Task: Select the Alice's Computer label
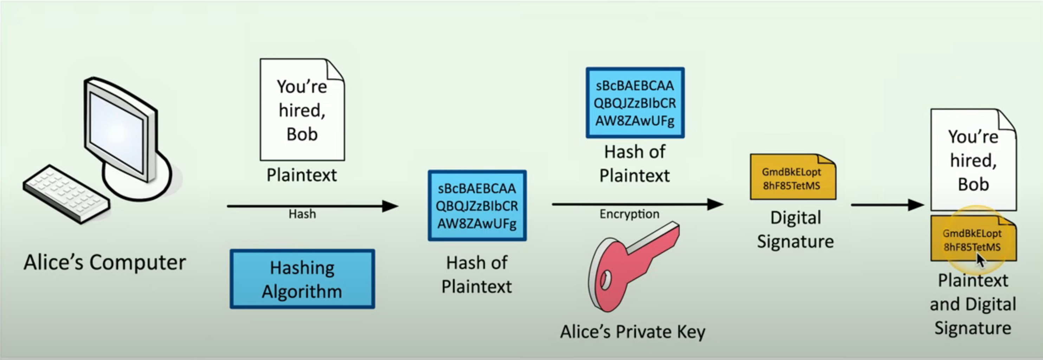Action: [x=105, y=262]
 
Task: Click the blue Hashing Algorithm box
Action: [x=302, y=279]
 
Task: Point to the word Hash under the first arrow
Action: [x=302, y=214]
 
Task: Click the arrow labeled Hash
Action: [x=312, y=206]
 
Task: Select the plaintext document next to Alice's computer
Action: [x=302, y=110]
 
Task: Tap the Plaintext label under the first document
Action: [x=302, y=175]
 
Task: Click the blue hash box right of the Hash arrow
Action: [x=477, y=206]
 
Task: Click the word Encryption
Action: [x=629, y=214]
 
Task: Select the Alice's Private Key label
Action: [x=633, y=332]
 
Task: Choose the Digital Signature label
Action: [x=795, y=230]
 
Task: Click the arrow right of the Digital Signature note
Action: [x=887, y=205]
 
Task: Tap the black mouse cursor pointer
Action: [x=980, y=260]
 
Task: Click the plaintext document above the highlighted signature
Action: [x=973, y=160]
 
